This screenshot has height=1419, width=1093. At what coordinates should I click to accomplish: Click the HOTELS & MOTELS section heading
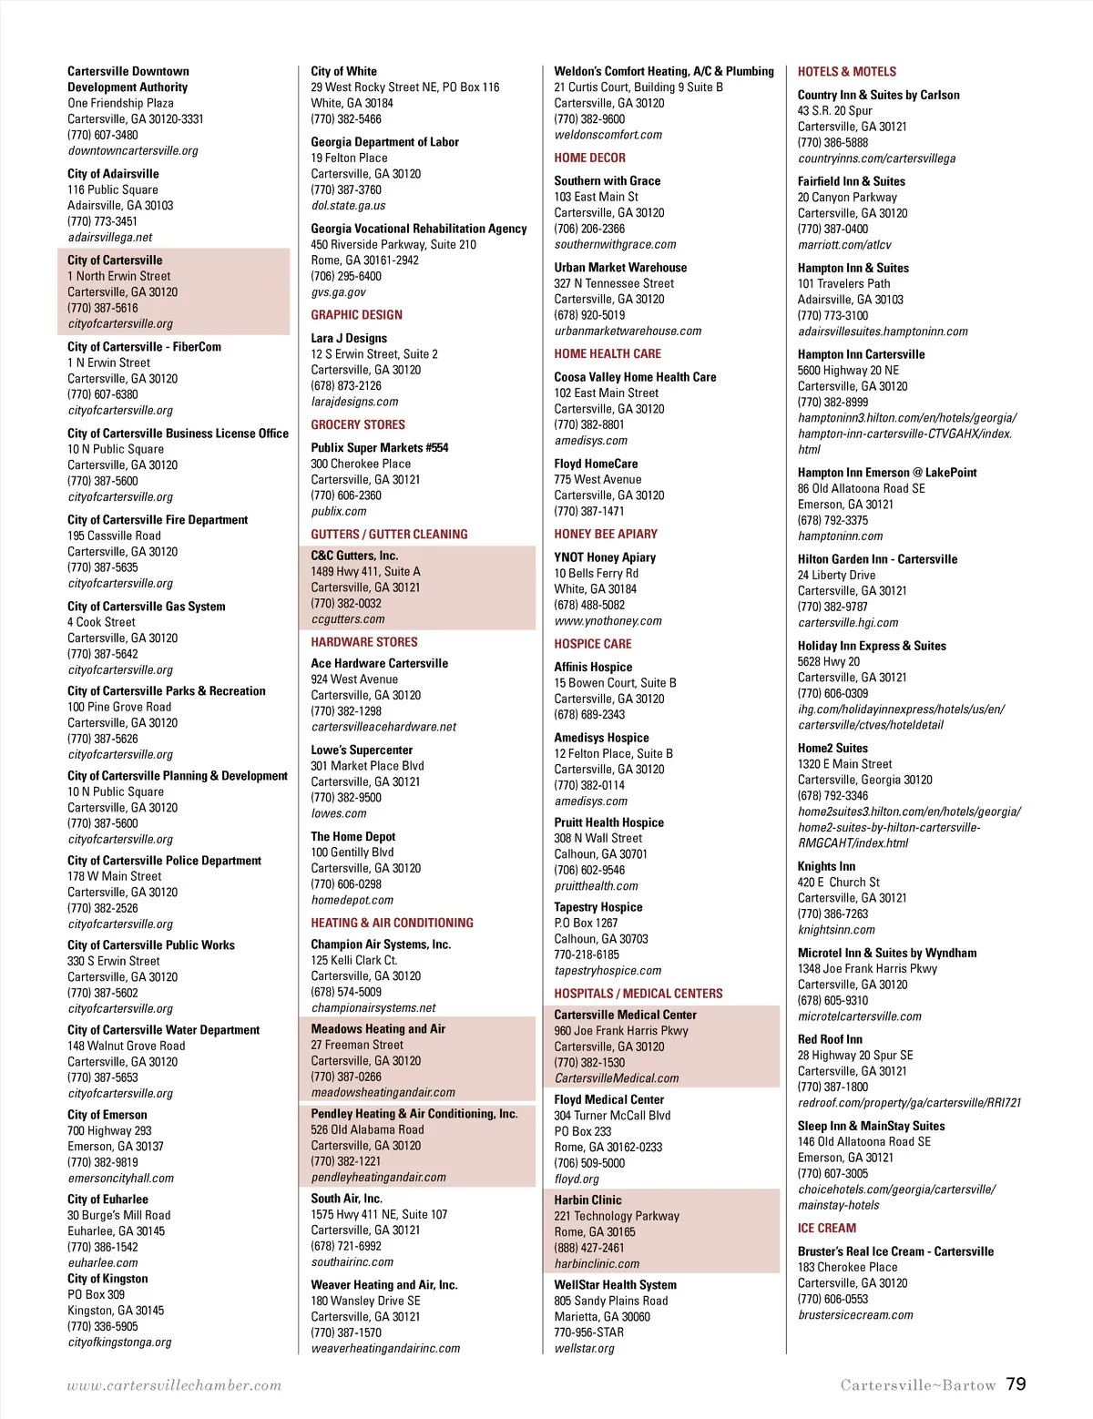[846, 72]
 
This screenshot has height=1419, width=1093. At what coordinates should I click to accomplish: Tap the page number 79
[1016, 1384]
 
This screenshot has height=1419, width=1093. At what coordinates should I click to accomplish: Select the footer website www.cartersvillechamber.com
[174, 1385]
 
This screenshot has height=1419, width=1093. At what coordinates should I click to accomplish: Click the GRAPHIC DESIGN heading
[356, 315]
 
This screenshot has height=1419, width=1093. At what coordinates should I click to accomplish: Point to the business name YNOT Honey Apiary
[605, 557]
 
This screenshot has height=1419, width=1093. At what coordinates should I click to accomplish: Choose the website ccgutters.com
[348, 619]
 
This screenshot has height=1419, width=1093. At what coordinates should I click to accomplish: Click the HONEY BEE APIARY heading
[606, 535]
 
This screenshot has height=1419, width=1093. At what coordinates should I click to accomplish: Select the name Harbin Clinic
[587, 1200]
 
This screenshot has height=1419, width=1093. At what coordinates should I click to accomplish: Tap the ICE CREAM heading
[826, 1229]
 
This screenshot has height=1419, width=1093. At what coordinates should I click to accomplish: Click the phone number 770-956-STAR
[588, 1332]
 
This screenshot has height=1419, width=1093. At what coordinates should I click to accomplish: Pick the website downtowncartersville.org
[133, 151]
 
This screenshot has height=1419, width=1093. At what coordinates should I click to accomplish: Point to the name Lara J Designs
[349, 338]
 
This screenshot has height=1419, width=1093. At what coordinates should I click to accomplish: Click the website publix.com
[339, 512]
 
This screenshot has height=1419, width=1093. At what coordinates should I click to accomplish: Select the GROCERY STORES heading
[358, 425]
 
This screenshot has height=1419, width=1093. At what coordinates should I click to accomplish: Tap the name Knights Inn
[826, 866]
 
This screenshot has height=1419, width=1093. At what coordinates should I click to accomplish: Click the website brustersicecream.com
[855, 1315]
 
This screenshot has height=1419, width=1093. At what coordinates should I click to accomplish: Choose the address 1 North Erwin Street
[119, 276]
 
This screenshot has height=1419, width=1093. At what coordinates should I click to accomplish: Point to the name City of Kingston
[107, 1279]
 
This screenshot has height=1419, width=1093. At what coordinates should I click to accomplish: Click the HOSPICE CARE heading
[592, 644]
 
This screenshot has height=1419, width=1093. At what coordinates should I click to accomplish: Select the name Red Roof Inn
[830, 1039]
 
